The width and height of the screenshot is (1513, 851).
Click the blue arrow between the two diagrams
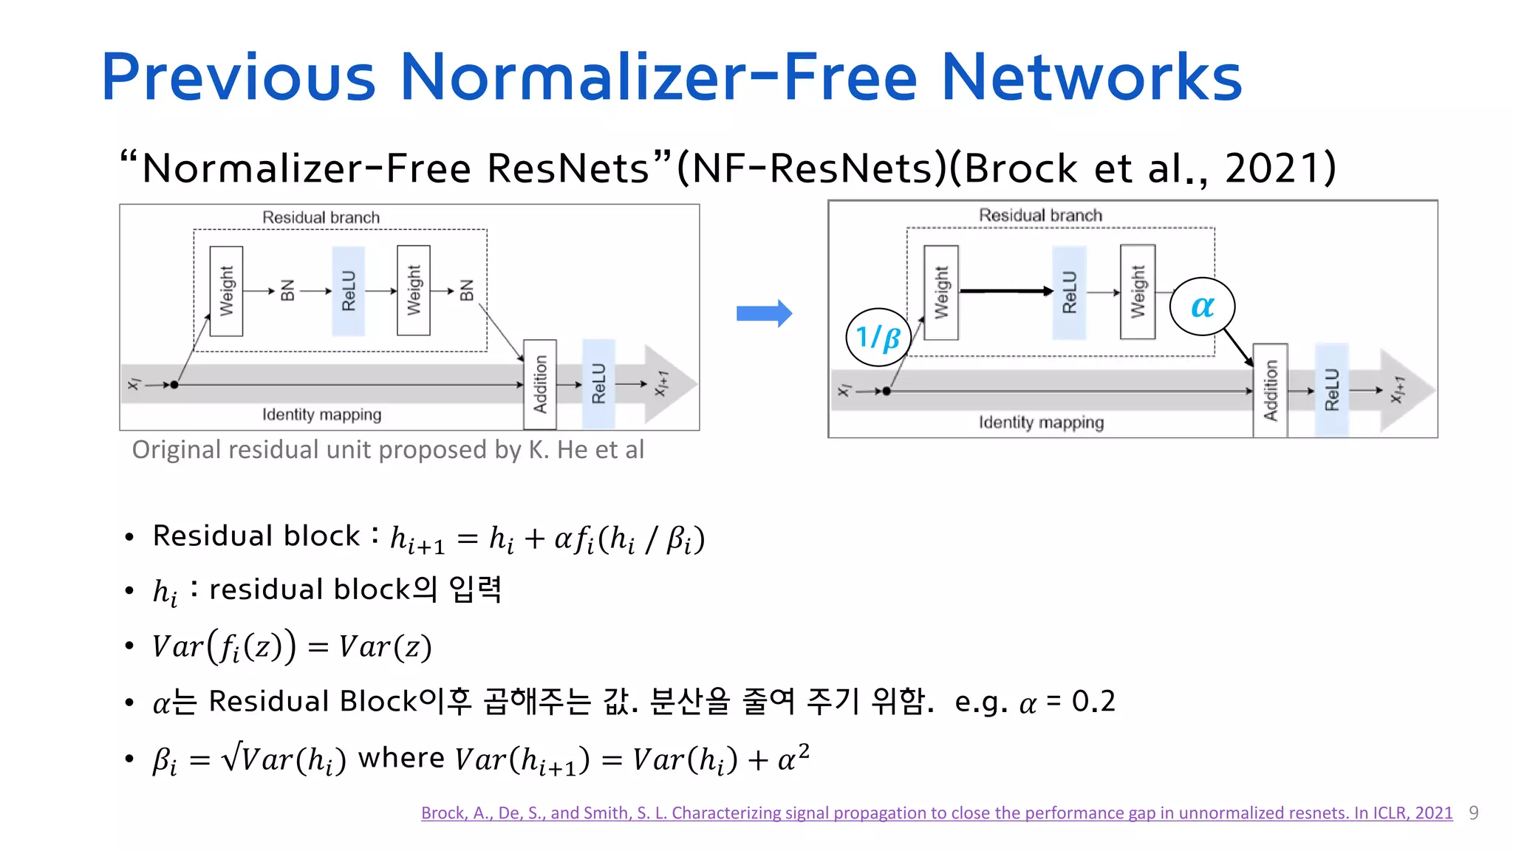764,313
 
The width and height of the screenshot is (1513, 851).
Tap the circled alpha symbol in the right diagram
1202,307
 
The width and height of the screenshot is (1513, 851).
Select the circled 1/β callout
878,338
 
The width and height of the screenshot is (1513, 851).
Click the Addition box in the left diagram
540,384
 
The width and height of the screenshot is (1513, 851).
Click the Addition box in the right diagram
1270,391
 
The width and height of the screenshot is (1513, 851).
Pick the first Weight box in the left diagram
226,291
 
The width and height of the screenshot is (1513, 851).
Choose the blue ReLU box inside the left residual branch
349,291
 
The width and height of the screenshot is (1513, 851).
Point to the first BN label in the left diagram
287,291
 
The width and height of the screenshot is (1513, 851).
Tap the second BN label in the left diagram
466,291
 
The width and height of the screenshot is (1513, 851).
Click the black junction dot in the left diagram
174,385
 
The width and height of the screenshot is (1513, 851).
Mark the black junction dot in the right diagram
887,391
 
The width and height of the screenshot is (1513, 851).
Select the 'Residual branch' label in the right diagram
1040,216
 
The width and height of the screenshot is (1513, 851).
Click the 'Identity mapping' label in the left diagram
321,414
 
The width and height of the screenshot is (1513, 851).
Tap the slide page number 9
1473,813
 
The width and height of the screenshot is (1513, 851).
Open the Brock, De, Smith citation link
936,813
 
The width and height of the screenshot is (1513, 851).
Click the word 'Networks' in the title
1091,78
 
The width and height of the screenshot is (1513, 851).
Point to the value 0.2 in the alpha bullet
1093,701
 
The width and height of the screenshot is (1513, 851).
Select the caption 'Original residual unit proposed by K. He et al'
388,450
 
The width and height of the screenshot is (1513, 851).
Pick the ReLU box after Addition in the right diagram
1331,391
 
